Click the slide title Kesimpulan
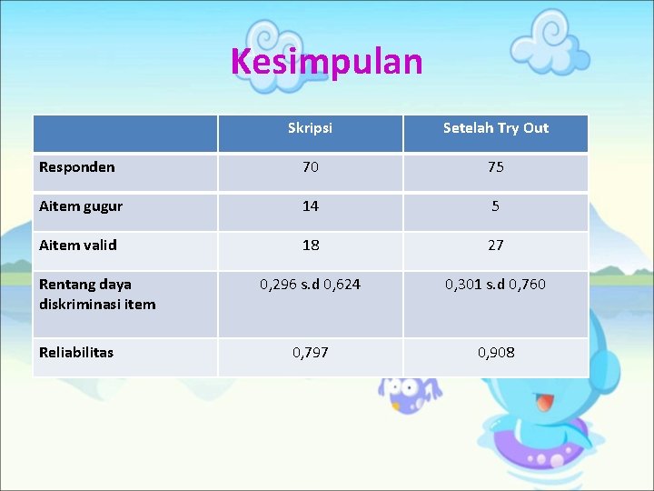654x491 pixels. (x=326, y=62)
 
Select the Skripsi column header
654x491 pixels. (x=310, y=128)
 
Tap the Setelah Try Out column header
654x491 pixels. (x=495, y=128)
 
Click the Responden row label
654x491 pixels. (x=77, y=167)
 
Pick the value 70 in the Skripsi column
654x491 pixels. (x=310, y=167)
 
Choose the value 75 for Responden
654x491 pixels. (x=495, y=167)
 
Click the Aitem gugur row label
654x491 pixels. (x=81, y=206)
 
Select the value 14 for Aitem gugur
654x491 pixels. (x=310, y=206)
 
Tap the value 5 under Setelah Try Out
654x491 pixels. (x=495, y=206)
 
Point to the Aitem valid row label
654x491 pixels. (x=78, y=245)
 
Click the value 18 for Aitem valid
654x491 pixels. (x=310, y=245)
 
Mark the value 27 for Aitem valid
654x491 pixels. (x=495, y=245)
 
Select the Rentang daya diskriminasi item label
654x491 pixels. (x=97, y=294)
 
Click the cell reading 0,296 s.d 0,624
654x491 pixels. (x=310, y=285)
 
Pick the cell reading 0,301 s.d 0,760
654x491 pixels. (x=495, y=285)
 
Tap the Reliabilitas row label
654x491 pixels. (x=76, y=352)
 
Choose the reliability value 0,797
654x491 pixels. (x=310, y=352)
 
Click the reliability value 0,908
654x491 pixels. (x=495, y=352)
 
